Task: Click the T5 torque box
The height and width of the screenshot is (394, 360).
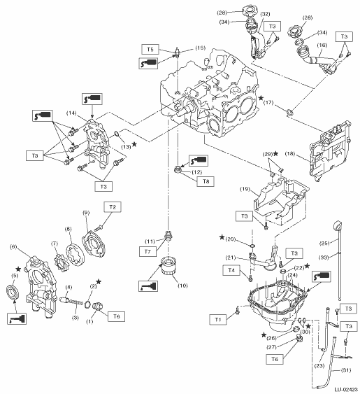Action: click(x=150, y=49)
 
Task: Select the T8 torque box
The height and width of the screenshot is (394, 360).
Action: click(x=206, y=181)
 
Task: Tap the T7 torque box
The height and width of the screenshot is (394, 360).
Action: click(x=147, y=251)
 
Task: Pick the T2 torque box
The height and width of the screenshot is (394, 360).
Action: click(x=113, y=207)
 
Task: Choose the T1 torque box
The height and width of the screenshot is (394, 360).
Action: click(x=218, y=320)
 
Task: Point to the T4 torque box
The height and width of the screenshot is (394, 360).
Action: click(x=231, y=270)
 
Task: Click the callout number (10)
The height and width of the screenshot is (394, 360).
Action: click(x=182, y=286)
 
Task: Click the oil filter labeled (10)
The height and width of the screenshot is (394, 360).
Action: click(x=168, y=267)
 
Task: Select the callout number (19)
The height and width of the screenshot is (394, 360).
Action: click(x=245, y=189)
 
